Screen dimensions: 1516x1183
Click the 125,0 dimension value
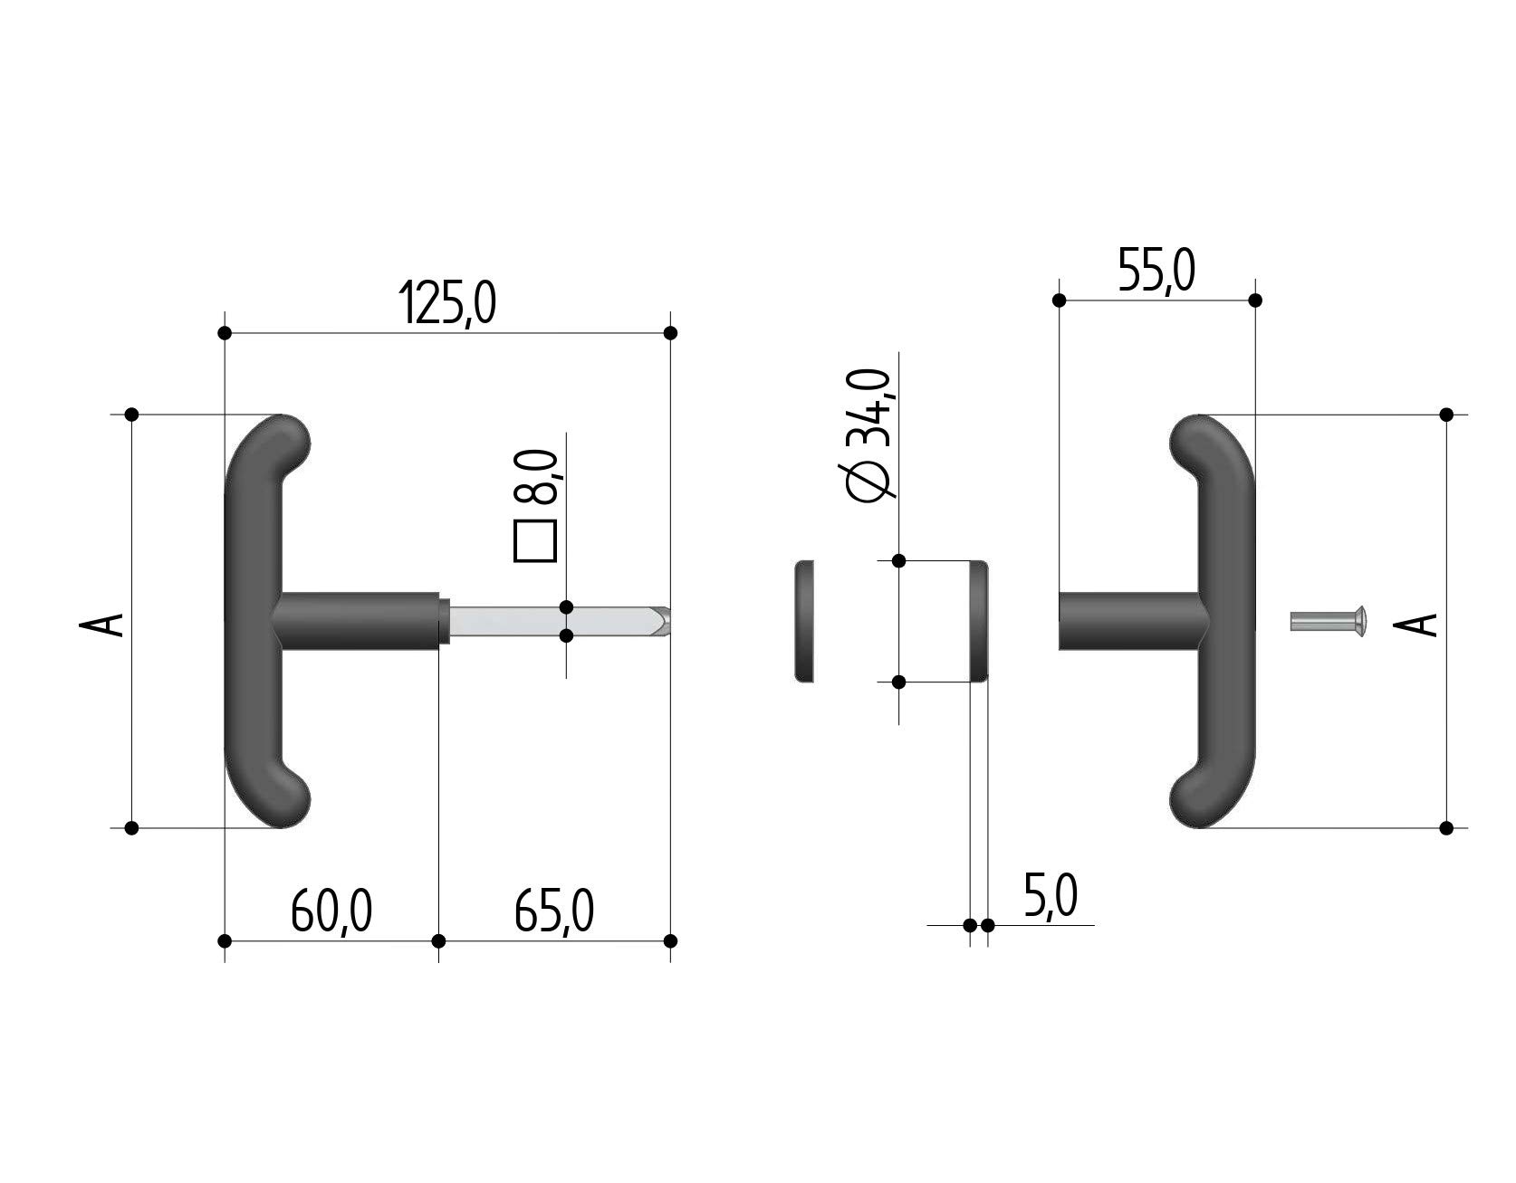447,303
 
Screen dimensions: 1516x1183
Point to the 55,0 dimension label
1156,270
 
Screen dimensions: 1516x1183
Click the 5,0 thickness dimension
1051,896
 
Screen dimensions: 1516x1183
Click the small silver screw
1328,621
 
